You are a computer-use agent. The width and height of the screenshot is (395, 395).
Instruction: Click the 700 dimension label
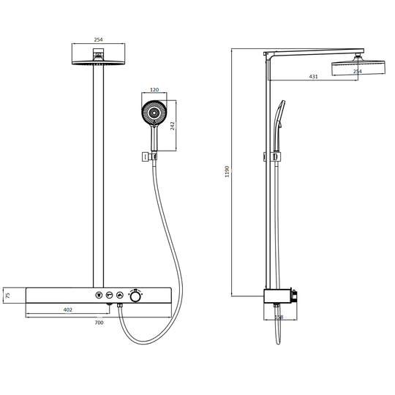point(99,323)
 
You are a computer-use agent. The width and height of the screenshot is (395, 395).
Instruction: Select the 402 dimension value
point(68,310)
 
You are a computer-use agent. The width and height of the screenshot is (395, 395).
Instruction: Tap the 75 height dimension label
point(8,296)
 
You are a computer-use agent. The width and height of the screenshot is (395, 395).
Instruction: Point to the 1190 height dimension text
point(227,172)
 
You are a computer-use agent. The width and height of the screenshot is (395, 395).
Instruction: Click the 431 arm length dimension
point(313,77)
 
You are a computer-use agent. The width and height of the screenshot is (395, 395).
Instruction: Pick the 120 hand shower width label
point(154,90)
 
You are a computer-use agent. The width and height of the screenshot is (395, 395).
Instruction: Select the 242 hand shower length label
point(173,126)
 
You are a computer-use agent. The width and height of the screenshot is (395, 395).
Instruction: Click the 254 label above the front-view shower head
point(98,39)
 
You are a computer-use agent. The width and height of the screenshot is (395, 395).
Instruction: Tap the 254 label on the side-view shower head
point(357,72)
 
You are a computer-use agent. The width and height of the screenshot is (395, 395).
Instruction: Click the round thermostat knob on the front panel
point(135,296)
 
